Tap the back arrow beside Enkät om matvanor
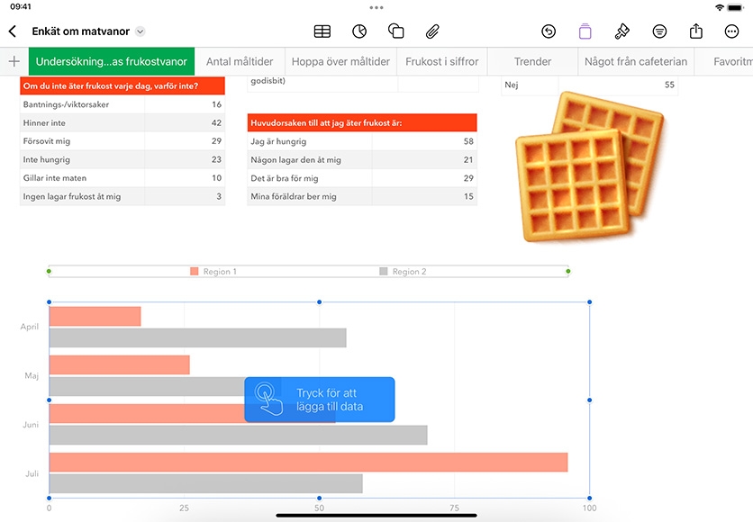tap(13, 31)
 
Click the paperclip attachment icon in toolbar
tap(432, 31)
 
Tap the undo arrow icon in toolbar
tap(549, 31)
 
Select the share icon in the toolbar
tap(696, 31)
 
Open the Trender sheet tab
tap(532, 61)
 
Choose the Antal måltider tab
tap(240, 61)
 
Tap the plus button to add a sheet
tap(14, 61)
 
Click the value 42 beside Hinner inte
tap(216, 122)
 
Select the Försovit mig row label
tap(47, 141)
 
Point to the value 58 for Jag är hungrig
tap(468, 141)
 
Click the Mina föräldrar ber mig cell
tap(294, 197)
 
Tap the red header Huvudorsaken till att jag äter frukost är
tap(362, 122)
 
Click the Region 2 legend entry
tap(403, 272)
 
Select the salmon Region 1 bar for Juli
tap(308, 462)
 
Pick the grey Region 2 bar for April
tap(198, 337)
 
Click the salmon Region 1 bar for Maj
tap(120, 364)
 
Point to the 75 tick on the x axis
tap(454, 508)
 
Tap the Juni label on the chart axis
tap(31, 425)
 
